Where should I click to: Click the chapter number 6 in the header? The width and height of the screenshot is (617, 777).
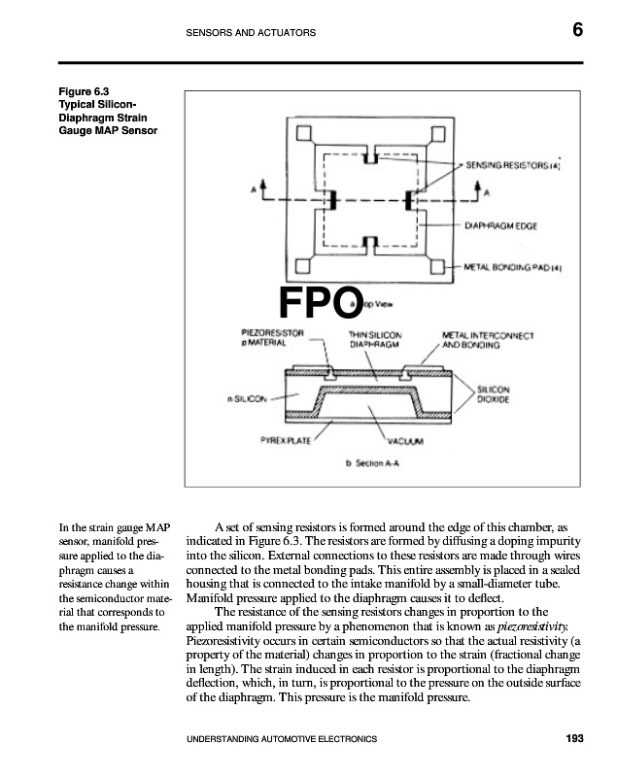tap(577, 30)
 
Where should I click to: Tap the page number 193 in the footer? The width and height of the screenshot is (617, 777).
tap(573, 739)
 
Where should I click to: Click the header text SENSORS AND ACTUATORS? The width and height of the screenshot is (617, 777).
tap(251, 33)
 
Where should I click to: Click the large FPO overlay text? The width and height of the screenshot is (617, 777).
tap(321, 302)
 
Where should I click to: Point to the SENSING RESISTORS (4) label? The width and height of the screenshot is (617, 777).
tap(513, 165)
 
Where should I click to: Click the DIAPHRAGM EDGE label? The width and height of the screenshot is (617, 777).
tap(500, 225)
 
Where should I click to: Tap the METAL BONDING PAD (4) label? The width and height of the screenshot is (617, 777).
tap(512, 265)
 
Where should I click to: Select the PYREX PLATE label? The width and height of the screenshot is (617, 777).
tap(284, 440)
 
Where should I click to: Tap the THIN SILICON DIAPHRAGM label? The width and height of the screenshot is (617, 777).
tap(375, 339)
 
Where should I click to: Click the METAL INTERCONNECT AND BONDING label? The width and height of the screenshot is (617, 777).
tap(488, 339)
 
